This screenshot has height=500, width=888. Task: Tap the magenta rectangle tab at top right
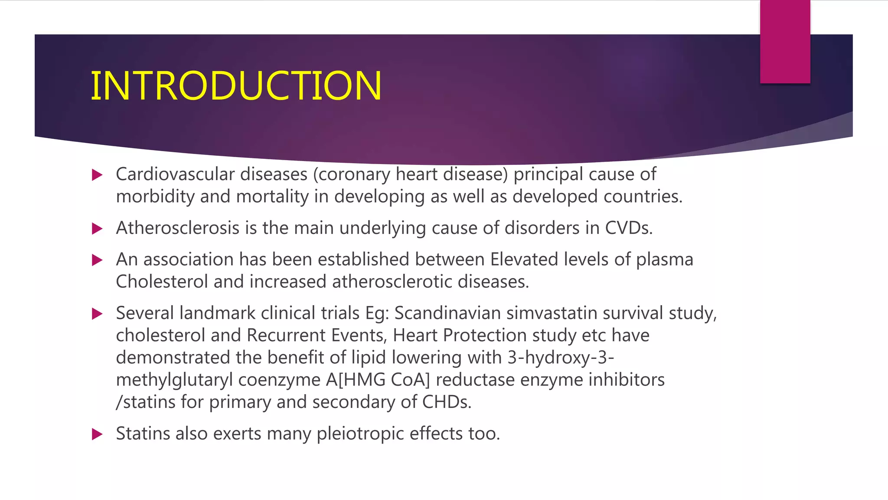[x=785, y=42]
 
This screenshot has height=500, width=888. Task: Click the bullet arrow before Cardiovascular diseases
[x=97, y=175]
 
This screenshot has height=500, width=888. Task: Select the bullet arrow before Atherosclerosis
[x=97, y=229]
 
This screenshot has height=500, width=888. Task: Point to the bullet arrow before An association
[x=97, y=260]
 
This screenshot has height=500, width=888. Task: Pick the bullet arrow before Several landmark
[x=97, y=314]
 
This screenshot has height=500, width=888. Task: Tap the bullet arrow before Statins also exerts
[x=97, y=434]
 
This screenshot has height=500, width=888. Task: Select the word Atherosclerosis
[x=177, y=228]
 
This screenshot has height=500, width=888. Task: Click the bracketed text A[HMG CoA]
[x=378, y=380]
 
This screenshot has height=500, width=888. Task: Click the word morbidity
[x=155, y=197]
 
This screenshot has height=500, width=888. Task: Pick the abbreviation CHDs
[x=446, y=402]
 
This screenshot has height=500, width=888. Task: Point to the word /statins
[x=145, y=402]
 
